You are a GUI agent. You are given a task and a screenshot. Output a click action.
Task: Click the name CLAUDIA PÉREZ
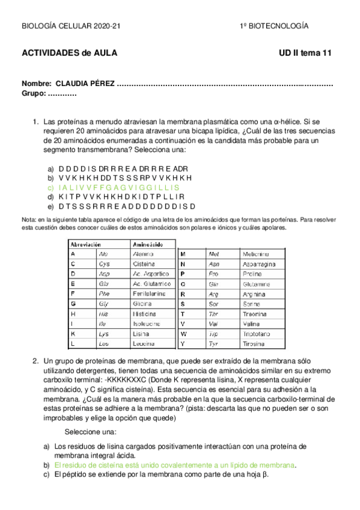[85, 84]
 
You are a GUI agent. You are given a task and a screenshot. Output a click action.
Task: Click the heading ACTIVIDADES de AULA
[69, 53]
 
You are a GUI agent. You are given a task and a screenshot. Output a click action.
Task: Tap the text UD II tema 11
[305, 53]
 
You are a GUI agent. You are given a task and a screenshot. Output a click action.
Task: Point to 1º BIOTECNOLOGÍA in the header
[274, 26]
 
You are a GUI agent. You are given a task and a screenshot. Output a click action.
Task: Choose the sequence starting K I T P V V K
[121, 196]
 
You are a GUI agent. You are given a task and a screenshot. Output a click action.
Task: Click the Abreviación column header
[86, 245]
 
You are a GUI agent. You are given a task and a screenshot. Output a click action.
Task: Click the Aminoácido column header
[148, 245]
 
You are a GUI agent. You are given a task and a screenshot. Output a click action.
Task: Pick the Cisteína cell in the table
[144, 264]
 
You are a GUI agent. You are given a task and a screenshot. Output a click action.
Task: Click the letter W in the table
[184, 333]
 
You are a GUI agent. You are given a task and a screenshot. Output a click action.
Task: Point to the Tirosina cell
[254, 343]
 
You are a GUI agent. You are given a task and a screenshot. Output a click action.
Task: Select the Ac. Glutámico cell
[152, 284]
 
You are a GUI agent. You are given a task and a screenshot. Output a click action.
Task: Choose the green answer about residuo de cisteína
[174, 465]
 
